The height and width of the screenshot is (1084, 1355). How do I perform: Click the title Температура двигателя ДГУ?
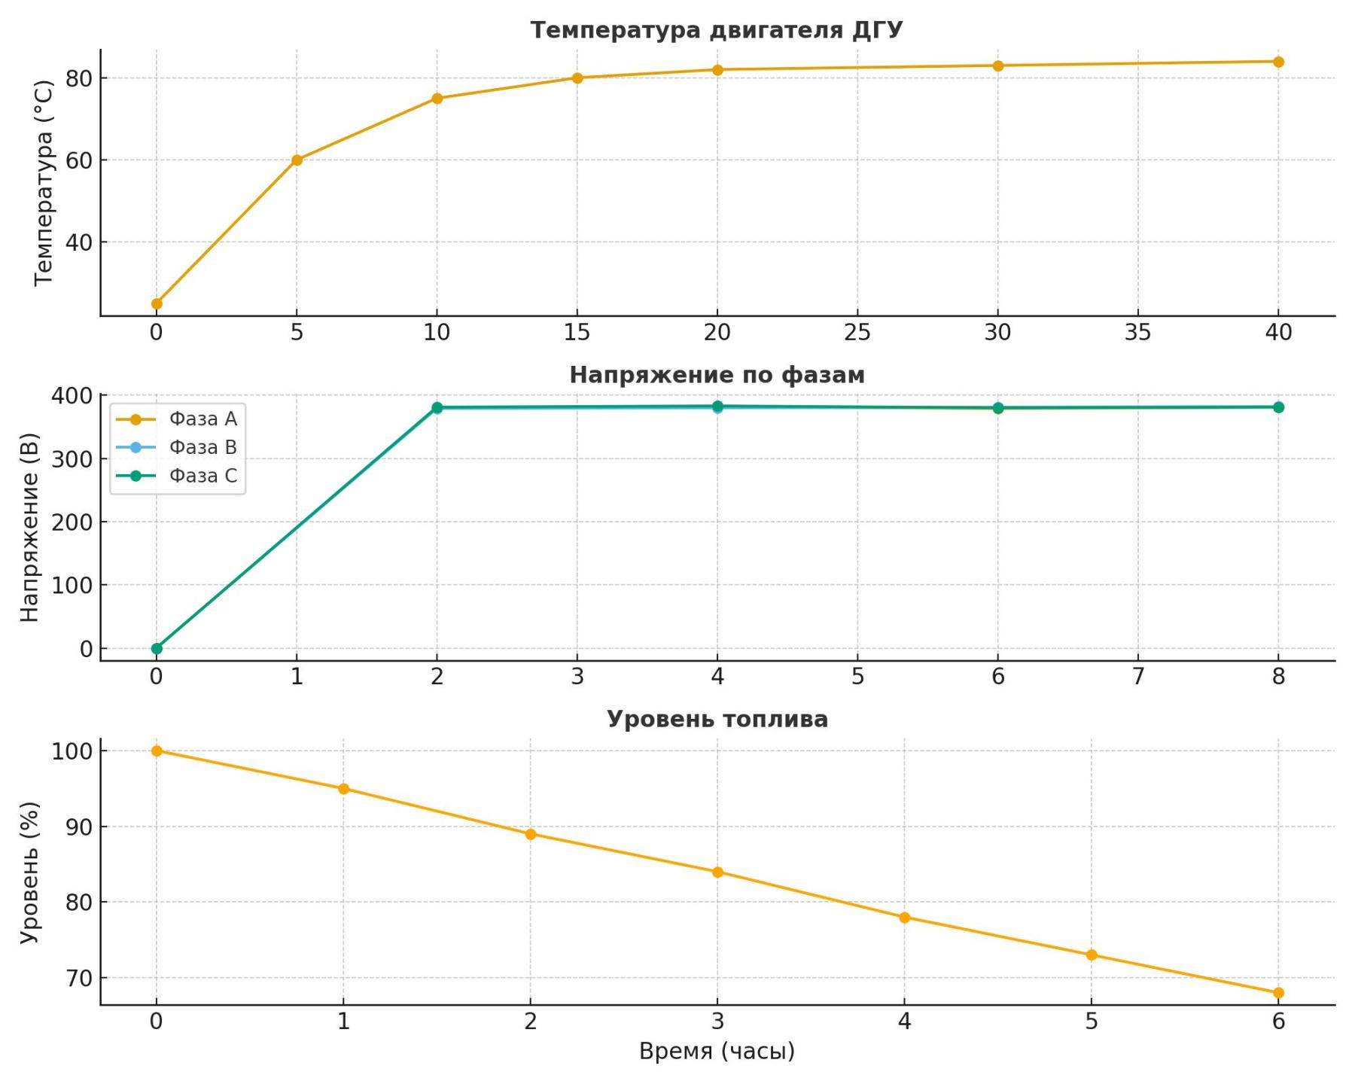click(716, 30)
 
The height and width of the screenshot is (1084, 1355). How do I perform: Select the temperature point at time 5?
click(297, 160)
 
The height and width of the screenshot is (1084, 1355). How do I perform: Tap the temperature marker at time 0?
click(157, 304)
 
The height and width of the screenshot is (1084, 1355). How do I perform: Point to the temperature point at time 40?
click(1278, 62)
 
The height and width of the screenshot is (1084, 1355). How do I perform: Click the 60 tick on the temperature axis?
click(78, 160)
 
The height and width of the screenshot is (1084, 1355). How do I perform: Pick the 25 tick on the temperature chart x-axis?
click(857, 333)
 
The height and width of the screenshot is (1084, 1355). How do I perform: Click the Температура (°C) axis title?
click(44, 183)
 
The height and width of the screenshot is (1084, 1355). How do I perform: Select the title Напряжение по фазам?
click(717, 375)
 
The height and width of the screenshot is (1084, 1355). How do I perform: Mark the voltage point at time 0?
click(157, 648)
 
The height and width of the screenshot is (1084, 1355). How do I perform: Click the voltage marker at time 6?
click(998, 408)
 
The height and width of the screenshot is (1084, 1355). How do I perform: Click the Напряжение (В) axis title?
click(29, 527)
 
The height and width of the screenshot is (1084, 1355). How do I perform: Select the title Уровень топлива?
click(717, 720)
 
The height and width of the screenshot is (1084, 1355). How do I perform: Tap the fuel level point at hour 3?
click(717, 872)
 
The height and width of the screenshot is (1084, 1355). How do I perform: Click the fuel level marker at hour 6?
click(1278, 993)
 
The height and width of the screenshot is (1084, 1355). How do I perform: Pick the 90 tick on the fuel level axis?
click(78, 827)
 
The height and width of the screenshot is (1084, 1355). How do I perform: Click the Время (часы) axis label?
click(717, 1052)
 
